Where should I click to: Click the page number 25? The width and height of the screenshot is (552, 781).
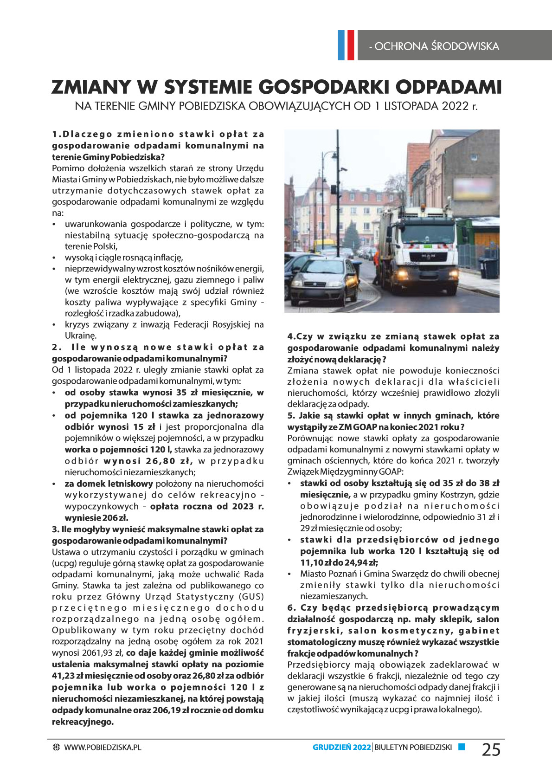tap(491, 749)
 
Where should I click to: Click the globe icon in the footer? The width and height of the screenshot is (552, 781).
tap(56, 747)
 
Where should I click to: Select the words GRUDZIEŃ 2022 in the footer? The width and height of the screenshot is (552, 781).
tap(341, 747)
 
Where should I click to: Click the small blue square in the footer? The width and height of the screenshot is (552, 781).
tap(461, 747)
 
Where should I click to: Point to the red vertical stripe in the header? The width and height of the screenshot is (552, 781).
tap(350, 45)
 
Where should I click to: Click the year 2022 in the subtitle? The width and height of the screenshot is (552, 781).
tap(455, 106)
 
